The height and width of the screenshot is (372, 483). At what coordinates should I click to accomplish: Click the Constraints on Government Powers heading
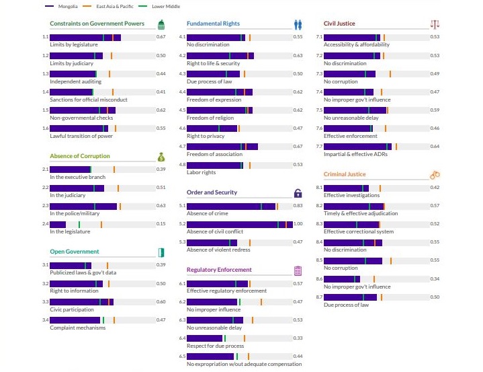tap(97, 24)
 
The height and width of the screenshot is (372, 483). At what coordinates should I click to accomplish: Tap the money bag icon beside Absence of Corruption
tap(161, 157)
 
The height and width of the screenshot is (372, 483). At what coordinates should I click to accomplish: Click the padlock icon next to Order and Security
tap(298, 193)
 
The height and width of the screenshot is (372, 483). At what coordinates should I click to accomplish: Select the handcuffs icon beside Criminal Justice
tap(435, 175)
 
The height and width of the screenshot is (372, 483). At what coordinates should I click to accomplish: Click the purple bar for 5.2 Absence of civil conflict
tap(239, 224)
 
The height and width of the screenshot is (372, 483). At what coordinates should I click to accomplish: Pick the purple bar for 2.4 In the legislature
tap(58, 224)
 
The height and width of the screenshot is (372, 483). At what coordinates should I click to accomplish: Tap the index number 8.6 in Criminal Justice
tap(319, 278)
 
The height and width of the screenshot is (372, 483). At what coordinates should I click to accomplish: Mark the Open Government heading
tap(74, 252)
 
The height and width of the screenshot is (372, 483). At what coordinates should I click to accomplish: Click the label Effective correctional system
tap(359, 231)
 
